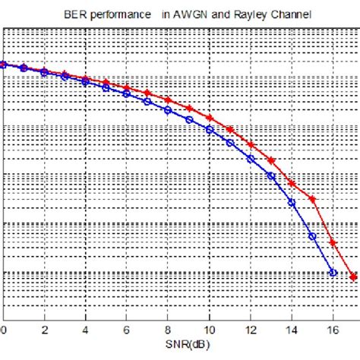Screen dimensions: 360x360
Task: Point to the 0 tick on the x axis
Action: point(3,330)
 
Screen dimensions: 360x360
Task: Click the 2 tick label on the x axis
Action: point(44,330)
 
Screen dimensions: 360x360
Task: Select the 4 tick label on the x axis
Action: point(86,330)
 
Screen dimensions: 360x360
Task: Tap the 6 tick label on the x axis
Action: point(127,330)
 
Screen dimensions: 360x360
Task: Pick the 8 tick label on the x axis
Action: point(168,330)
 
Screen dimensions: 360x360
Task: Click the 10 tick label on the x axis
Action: point(209,330)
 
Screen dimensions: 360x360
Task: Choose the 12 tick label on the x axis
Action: point(250,330)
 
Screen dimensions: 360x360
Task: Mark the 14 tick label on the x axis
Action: point(291,330)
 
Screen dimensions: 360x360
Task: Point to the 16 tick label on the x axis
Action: point(332,330)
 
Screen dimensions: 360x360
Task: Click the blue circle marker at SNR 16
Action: point(332,272)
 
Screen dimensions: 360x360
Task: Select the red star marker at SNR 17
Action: point(352,276)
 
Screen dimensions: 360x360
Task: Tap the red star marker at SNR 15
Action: point(311,199)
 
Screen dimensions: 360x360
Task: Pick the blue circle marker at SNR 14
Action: point(291,202)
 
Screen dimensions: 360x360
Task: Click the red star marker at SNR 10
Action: point(209,118)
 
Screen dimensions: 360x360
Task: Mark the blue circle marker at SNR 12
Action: point(250,158)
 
